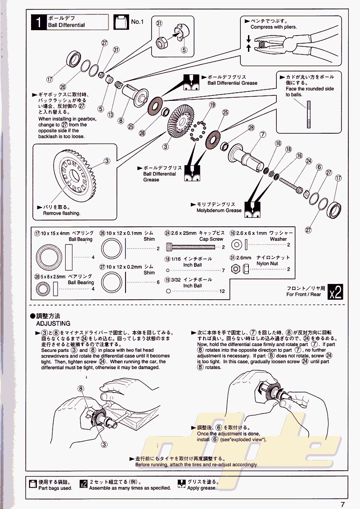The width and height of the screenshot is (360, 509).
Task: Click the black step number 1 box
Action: [39, 22]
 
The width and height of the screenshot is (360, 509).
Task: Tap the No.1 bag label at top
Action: [137, 22]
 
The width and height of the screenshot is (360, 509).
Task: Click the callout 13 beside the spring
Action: [110, 115]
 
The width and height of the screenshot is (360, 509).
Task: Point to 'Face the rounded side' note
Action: [310, 89]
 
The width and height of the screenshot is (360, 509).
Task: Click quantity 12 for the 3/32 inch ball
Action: [222, 291]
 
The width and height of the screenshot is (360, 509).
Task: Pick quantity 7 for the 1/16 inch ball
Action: [223, 270]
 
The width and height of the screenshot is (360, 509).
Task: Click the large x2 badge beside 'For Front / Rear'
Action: [336, 292]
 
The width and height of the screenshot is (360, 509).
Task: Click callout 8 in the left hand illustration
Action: [81, 388]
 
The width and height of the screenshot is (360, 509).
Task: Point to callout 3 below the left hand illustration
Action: [104, 444]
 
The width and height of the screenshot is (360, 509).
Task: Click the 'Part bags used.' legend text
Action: [55, 488]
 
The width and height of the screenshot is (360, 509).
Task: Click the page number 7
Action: [342, 504]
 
